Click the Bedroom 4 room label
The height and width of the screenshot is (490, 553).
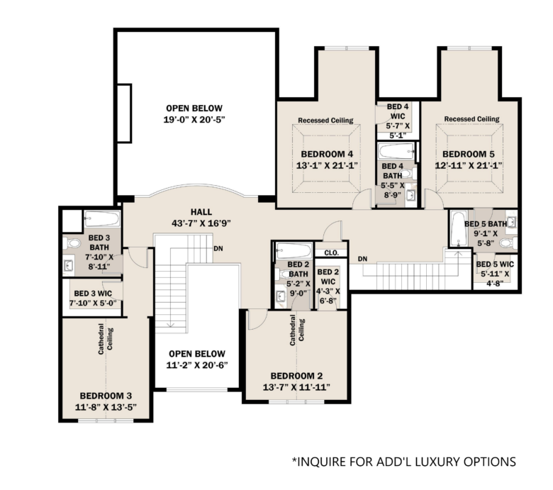tap(327, 154)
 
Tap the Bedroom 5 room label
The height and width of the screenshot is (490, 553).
tap(469, 154)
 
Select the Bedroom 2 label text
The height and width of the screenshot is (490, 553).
tap(296, 376)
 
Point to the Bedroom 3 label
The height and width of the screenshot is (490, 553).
tap(106, 396)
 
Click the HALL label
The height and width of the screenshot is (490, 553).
tap(201, 212)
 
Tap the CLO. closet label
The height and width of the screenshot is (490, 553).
tap(331, 253)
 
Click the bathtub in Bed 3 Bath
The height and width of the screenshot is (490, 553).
tap(102, 218)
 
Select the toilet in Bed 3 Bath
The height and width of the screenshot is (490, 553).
tap(72, 243)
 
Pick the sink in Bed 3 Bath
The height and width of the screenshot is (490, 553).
tap(69, 267)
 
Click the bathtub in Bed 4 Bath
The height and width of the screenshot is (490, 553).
tap(397, 151)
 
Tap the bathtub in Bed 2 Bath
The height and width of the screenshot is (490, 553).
tap(294, 251)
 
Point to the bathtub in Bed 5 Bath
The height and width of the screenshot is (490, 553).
tap(459, 228)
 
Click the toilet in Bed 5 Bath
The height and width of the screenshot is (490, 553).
tap(508, 243)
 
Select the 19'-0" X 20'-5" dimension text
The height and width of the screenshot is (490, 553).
tap(194, 120)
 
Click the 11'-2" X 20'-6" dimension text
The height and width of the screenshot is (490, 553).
tap(197, 365)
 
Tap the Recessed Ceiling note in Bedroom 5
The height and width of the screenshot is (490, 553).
tap(471, 119)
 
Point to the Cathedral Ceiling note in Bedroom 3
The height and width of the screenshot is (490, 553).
tap(106, 339)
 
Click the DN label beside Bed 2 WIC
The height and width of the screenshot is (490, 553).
tap(362, 259)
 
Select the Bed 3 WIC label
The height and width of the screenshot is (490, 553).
tap(93, 294)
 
